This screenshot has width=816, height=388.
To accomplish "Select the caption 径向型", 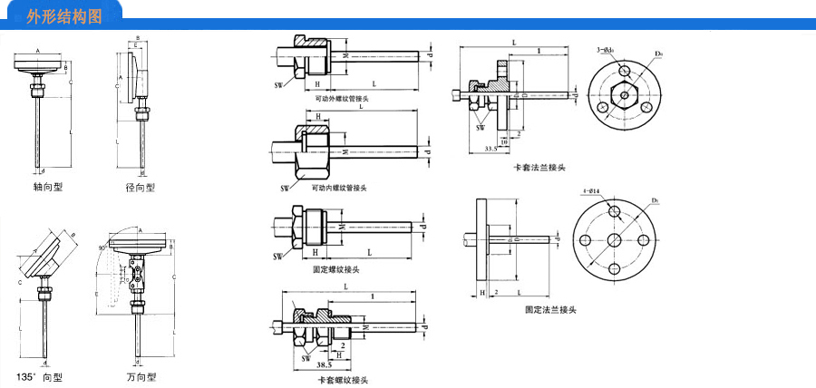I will (x=141, y=187).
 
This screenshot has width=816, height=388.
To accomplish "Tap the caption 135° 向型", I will (x=40, y=375).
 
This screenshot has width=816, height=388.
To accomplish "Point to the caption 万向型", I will (x=141, y=375).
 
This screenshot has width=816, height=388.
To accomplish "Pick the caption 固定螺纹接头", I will (x=336, y=269).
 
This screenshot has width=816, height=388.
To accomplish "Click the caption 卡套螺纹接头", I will (x=342, y=379).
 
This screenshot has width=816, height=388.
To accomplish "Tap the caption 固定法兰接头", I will (x=550, y=309).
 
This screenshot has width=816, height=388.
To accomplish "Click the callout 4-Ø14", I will (x=594, y=191).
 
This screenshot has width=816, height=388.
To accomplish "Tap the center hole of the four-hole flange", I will (x=614, y=240).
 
